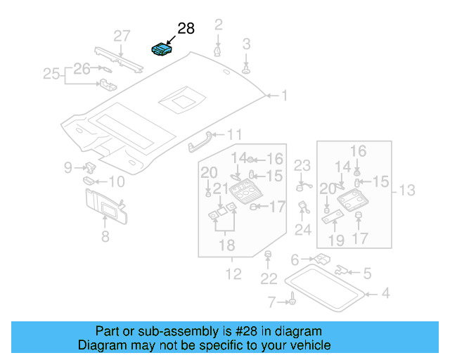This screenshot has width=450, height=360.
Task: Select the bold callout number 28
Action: click(185, 28)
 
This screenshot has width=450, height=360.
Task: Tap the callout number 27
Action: click(122, 37)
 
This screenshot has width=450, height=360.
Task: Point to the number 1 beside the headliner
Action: click(285, 95)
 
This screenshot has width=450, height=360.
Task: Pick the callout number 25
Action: click(51, 73)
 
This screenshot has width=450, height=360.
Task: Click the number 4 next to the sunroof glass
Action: click(385, 292)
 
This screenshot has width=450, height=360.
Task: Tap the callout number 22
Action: click(269, 279)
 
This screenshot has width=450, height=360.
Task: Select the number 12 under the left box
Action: click(233, 274)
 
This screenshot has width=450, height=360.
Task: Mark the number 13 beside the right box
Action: click(407, 190)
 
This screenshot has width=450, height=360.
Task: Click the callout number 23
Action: click(302, 166)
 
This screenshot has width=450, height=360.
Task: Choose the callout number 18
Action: click(225, 245)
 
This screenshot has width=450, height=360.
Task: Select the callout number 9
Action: click(67, 167)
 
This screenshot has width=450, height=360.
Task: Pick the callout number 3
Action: click(246, 44)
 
